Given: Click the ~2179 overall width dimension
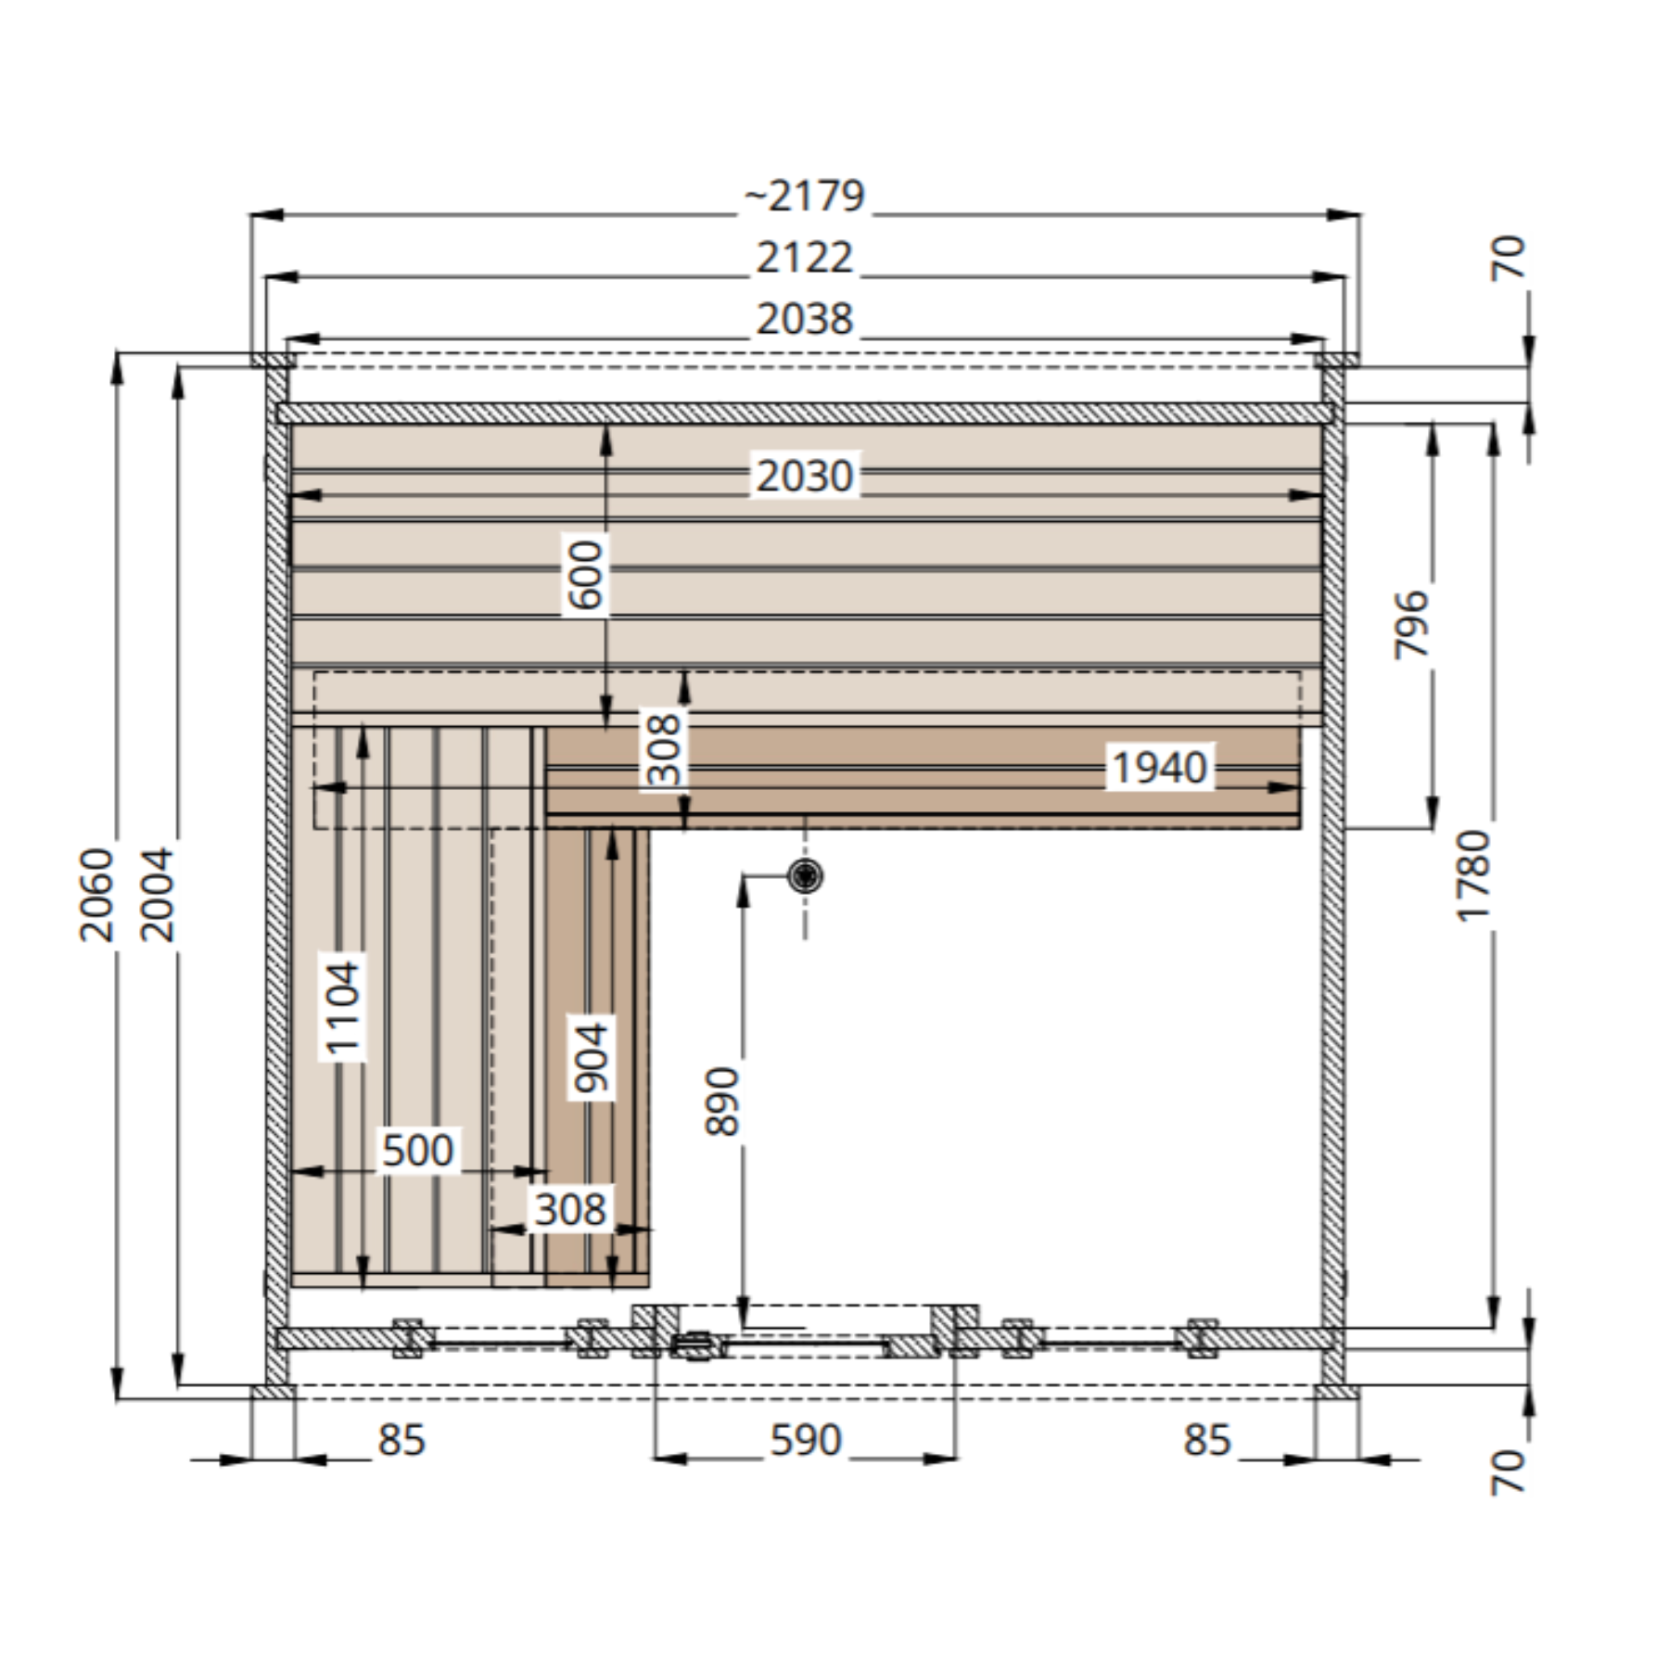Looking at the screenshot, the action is pos(805,196).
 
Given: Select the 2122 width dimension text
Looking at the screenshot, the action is pos(804,258).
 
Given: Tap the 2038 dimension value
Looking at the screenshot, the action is pos(804,319).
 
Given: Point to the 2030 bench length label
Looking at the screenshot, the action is pos(804,477).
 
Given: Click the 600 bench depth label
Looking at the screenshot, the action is pos(585,576).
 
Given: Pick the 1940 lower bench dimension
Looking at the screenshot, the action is pos(1159,768).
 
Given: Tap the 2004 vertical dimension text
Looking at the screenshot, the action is pos(157,894).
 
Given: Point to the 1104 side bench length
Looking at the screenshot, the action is pos(342,1010).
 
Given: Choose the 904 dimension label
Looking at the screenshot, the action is pos(590,1058).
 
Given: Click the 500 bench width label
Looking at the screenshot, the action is pos(417,1150).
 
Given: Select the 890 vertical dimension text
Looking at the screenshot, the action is pos(722,1101).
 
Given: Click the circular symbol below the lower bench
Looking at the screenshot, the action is pos(805,875).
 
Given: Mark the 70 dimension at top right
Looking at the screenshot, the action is pos(1508,257).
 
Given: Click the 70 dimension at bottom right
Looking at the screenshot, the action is pos(1508,1472).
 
